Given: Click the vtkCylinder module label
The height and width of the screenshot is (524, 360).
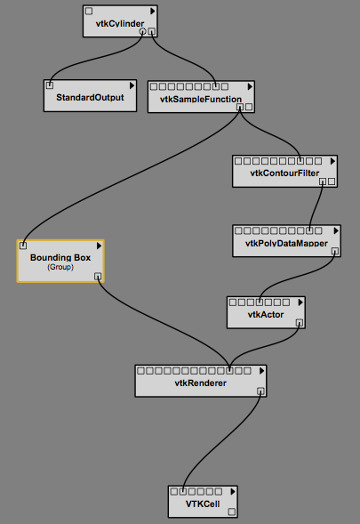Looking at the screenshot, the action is pos(120,23).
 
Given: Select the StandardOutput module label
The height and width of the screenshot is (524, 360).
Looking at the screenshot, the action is pos(90,97).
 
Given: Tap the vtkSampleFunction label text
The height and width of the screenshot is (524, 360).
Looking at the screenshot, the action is pos(201,100).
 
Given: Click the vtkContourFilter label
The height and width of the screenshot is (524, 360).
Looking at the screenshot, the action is pos(284,173).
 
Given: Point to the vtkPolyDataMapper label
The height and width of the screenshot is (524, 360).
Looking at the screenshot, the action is pos(286,243).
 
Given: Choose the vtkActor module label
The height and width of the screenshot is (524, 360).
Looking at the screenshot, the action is pos(266,314).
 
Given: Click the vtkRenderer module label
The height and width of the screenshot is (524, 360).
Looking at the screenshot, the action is pos(200,383).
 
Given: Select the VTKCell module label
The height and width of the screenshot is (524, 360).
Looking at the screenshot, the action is pos(203,504).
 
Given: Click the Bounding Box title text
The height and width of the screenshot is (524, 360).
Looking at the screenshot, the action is pos(60,258).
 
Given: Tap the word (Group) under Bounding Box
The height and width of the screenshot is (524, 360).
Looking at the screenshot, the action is pos(60,267).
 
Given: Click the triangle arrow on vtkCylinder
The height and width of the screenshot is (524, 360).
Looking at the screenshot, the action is pos(153,12).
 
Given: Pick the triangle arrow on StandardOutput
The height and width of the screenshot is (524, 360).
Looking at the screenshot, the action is pos(132,86).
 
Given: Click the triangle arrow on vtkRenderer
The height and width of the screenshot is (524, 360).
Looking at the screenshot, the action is pos(262,371).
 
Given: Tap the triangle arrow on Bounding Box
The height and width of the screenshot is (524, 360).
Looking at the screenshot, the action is pos(99,246).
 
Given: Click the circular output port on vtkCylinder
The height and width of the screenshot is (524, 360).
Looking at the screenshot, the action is pos(142,32).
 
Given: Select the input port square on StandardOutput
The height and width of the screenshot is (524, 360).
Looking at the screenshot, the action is pos(50,85).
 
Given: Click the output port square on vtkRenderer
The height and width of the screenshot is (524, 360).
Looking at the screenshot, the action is pos(260,391).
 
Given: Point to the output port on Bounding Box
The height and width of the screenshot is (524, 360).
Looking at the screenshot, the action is pos(98,277).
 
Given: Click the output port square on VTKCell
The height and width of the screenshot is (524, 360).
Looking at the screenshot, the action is pos(232,512).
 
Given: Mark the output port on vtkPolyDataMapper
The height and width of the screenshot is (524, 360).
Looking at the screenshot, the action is pos(334,251).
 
